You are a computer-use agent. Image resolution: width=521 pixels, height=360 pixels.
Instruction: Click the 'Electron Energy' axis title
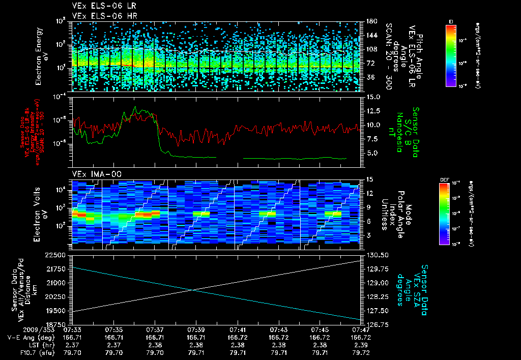(x=39, y=57)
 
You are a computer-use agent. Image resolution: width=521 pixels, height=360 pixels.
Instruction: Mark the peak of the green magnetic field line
(x=135, y=107)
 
